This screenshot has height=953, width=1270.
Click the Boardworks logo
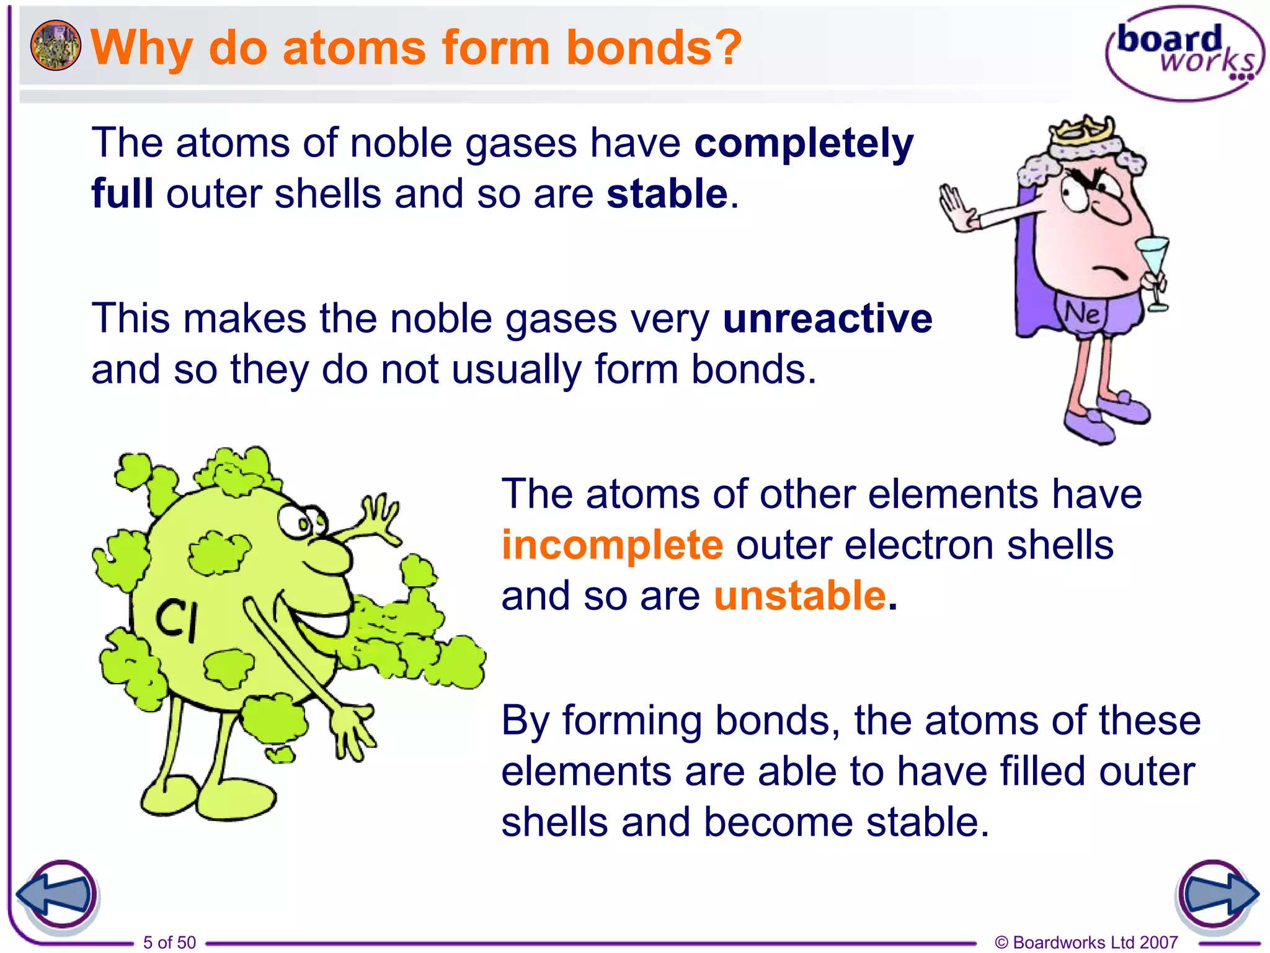1183,53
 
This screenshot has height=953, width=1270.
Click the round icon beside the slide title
55,45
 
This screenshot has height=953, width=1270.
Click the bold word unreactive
827,319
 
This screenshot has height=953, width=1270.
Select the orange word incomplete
612,545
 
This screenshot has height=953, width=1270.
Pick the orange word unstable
800,596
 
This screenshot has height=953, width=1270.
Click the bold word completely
804,143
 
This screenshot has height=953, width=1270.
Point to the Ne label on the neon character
1082,314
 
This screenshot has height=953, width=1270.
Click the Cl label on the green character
177,620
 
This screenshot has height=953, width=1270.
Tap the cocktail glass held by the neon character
1154,267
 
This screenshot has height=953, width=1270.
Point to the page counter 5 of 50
169,942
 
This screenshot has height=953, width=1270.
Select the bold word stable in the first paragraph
667,194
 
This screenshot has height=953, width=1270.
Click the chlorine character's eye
296,521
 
